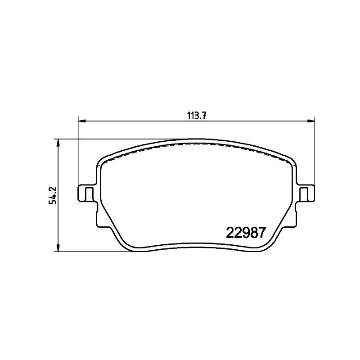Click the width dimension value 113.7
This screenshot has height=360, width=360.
197,115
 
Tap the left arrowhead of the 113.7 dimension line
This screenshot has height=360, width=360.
81,121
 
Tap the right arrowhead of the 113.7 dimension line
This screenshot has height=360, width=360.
311,121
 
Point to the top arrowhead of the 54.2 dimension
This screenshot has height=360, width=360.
58,142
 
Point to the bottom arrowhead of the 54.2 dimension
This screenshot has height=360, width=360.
58,248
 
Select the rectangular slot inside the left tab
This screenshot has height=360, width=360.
90,193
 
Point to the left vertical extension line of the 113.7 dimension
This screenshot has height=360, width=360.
79,153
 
